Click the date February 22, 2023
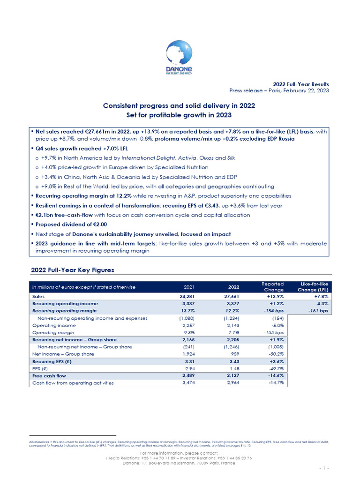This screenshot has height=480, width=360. pyautogui.click(x=304, y=90)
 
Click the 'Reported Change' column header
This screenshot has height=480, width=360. pyautogui.click(x=272, y=287)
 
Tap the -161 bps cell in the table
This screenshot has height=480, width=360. pyautogui.click(x=319, y=310)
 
